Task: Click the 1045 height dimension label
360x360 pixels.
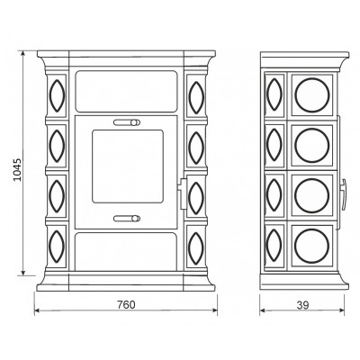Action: tap(18, 169)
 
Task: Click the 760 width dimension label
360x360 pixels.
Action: tap(126, 305)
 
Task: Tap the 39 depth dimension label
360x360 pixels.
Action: tap(302, 305)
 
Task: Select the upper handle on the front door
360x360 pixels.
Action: tap(127, 122)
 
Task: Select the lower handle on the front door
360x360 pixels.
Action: tap(127, 219)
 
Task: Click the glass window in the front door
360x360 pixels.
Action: tap(128, 166)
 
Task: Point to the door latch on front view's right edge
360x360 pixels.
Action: tap(183, 193)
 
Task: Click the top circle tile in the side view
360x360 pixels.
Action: tap(311, 95)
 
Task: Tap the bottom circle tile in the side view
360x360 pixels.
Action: tap(311, 246)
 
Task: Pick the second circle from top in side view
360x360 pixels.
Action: tap(311, 146)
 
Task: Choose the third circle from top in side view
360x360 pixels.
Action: tap(311, 195)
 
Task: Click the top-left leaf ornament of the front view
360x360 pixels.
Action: tap(57, 95)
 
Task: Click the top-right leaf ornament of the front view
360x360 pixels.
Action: tap(196, 97)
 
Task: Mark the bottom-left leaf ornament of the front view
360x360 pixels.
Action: tap(57, 247)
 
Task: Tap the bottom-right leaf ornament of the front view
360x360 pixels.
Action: tap(196, 248)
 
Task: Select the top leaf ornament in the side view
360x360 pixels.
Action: tap(274, 94)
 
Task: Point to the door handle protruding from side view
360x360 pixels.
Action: tap(344, 194)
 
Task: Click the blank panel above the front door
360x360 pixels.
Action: tap(126, 92)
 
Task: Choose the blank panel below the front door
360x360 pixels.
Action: tap(126, 251)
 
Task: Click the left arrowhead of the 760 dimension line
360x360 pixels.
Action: tap(38, 310)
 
